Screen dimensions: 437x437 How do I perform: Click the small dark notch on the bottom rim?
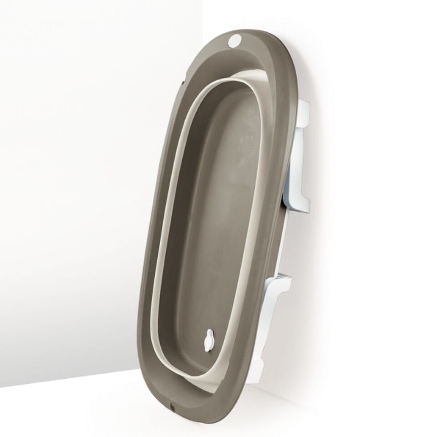click(172, 405)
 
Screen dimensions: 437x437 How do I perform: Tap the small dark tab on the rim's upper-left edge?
click(183, 82)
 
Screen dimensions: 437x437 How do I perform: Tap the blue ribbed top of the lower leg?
click(283, 277)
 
